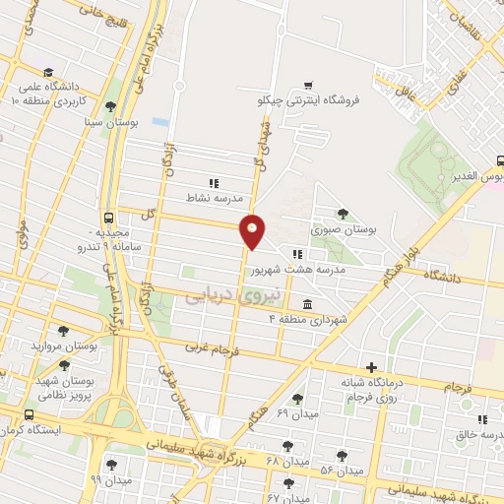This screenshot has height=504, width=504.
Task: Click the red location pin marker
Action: click(x=253, y=230)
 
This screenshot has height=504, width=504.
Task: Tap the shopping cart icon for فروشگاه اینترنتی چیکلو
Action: click(x=310, y=85)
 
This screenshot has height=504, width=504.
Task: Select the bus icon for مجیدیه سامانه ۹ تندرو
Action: click(x=107, y=220)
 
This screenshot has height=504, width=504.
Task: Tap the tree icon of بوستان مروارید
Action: click(x=64, y=332)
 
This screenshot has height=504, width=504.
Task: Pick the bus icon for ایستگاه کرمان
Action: click(x=30, y=415)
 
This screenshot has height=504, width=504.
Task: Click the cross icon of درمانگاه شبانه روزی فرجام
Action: click(x=371, y=366)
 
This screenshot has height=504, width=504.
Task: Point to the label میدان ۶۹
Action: click(x=297, y=414)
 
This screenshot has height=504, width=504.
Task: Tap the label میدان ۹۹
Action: click(x=109, y=478)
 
